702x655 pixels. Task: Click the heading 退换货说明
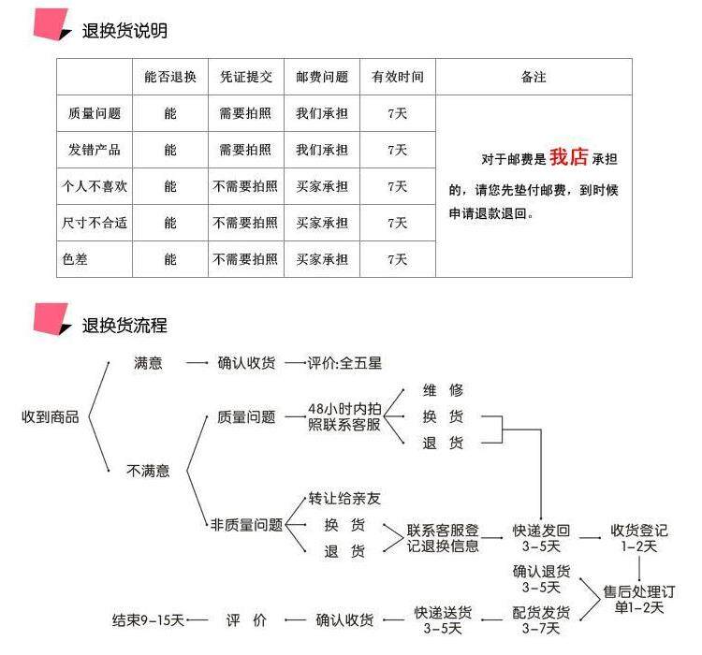tap(124, 31)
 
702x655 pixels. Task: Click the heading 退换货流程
tap(124, 326)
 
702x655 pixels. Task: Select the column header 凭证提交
tap(245, 77)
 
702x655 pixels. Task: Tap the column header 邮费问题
tap(322, 77)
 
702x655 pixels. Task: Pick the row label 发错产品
tap(95, 150)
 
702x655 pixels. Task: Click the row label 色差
tap(76, 259)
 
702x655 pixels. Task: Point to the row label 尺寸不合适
tap(95, 223)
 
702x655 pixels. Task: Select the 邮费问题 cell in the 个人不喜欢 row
tap(322, 186)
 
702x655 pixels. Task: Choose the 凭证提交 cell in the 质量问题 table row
tap(245, 113)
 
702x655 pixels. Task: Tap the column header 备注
tap(534, 77)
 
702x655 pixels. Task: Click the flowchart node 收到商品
tap(50, 416)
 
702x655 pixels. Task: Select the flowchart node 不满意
tap(148, 471)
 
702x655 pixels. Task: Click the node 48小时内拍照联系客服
tap(344, 416)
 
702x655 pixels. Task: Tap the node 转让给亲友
tap(344, 498)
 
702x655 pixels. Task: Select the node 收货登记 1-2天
tap(639, 537)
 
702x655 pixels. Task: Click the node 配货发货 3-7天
tap(541, 619)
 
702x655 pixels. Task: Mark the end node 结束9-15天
tap(148, 619)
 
